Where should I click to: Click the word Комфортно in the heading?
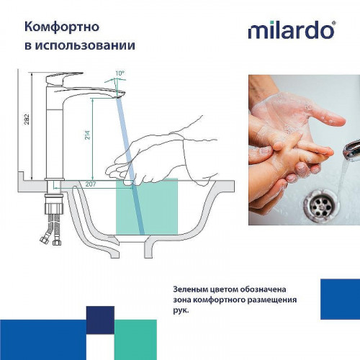(62, 27)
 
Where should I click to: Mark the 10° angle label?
(119, 73)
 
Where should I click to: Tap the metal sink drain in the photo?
(320, 205)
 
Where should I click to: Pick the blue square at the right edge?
(339, 300)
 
